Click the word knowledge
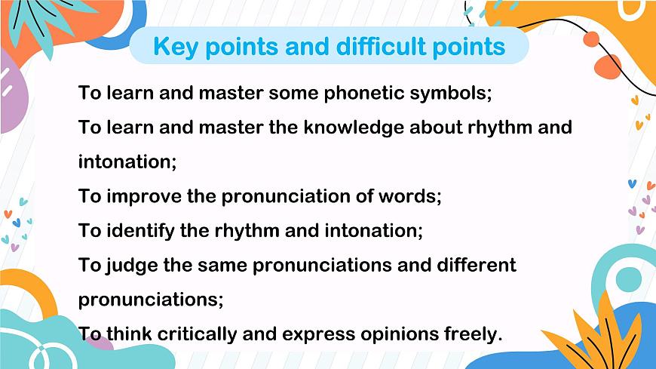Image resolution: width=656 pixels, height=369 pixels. click(354, 127)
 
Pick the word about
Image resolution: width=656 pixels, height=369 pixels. click(440, 127)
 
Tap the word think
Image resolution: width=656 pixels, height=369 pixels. click(130, 334)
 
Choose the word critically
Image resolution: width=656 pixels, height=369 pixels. click(204, 334)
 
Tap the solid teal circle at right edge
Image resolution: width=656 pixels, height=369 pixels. click(628, 279)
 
